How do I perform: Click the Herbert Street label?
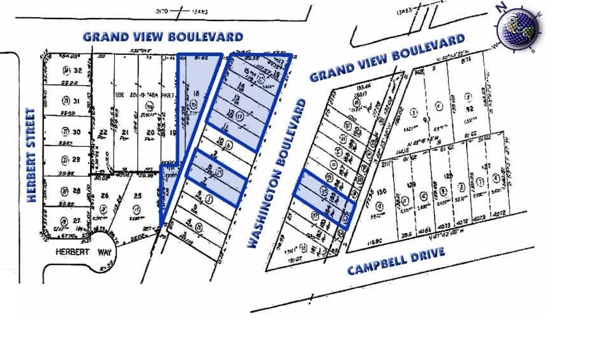30,155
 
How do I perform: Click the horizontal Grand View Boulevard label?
163,37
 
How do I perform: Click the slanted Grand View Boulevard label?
387,58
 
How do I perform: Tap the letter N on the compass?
502,7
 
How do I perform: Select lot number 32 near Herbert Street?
78,71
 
